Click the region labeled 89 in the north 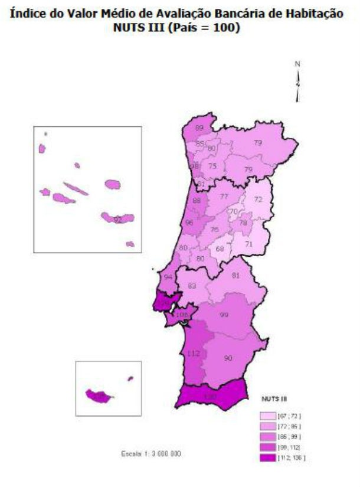coord(200,128)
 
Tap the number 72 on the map coord(258,200)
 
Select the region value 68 coord(220,249)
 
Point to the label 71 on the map coord(249,244)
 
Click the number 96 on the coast coord(189,223)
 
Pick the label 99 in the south coord(224,315)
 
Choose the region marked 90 coord(228,358)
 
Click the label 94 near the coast coord(169,277)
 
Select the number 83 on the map coord(192,286)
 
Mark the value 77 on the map coord(224,196)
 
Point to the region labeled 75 coord(212,166)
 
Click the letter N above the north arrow coord(298,64)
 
